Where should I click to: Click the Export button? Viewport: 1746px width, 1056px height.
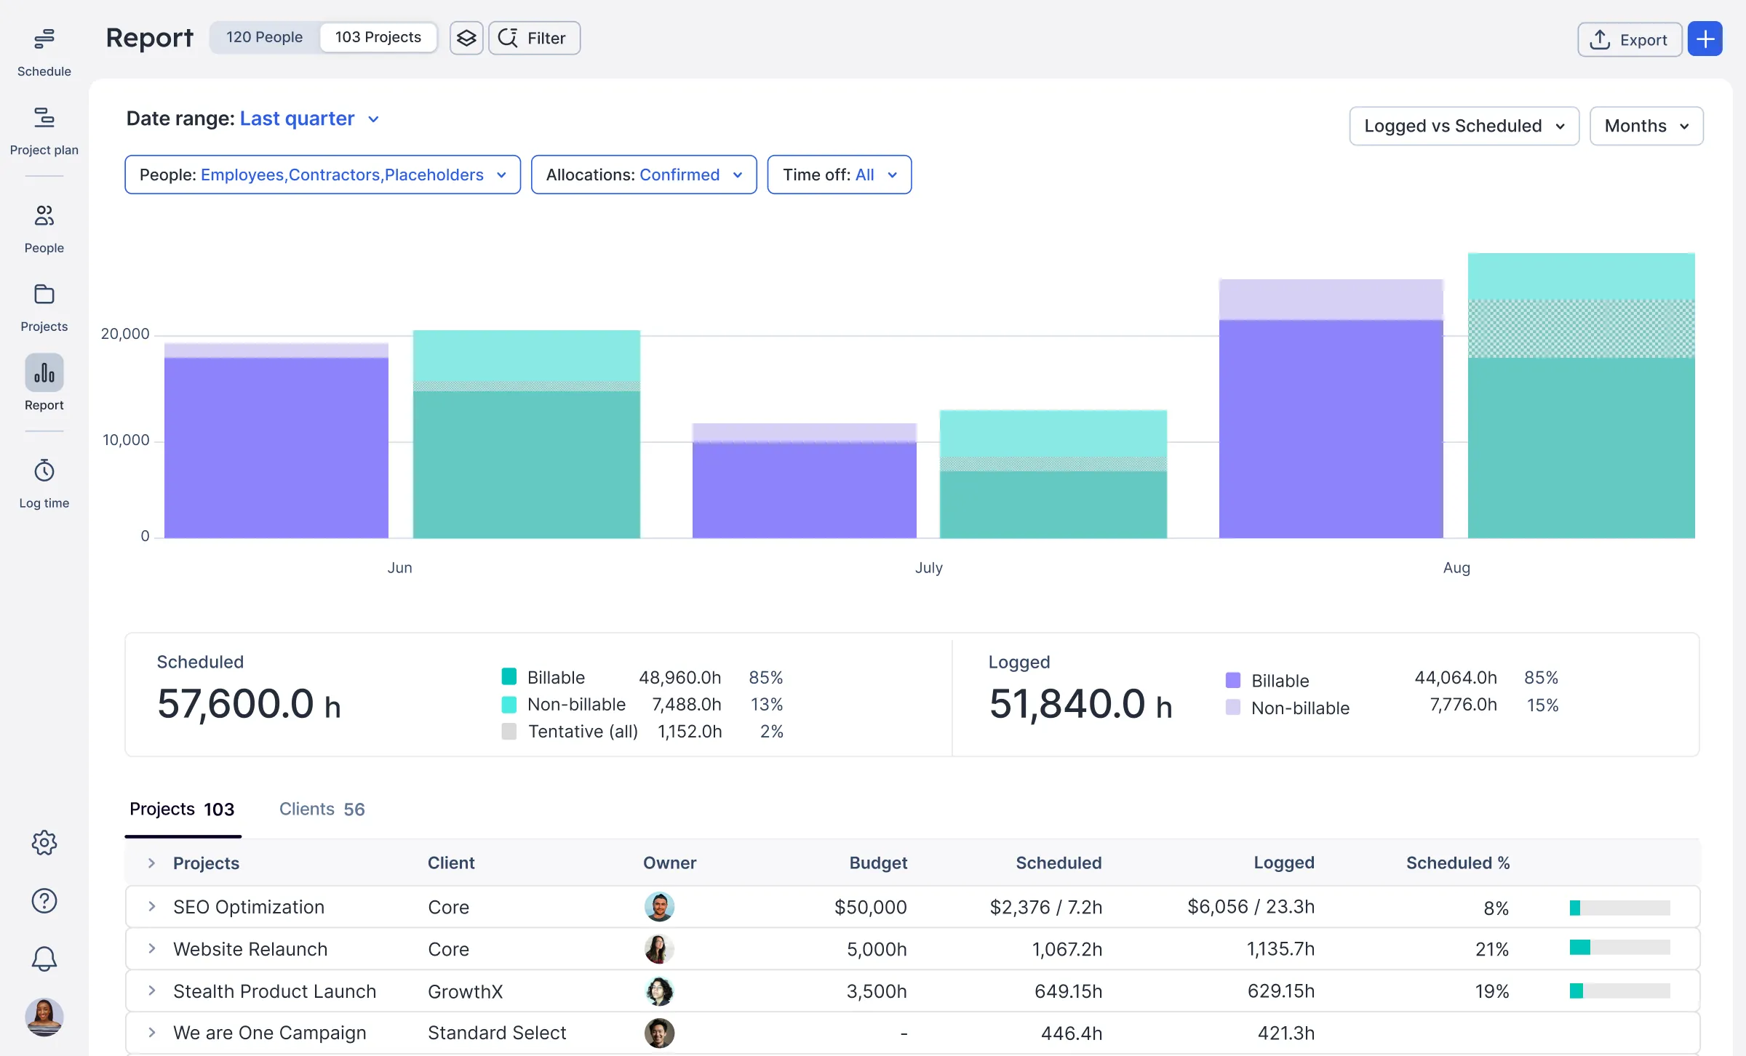click(1629, 39)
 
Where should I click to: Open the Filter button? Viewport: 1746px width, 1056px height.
click(534, 38)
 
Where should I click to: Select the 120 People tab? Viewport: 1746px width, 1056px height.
click(264, 37)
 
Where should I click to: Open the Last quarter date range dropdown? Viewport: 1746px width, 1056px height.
click(309, 119)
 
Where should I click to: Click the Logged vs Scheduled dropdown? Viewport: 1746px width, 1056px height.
click(1463, 126)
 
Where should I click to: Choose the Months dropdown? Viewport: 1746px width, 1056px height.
click(1646, 126)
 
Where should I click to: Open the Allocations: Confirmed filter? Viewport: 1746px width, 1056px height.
click(643, 175)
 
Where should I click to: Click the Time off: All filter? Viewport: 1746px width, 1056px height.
click(839, 175)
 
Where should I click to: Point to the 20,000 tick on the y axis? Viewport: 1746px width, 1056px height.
click(125, 334)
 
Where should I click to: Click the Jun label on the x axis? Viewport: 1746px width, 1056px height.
click(399, 567)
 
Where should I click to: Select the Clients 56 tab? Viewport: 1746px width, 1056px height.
click(322, 809)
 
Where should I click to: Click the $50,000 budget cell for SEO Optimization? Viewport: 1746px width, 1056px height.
click(870, 907)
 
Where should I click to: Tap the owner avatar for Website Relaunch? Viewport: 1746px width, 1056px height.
click(659, 949)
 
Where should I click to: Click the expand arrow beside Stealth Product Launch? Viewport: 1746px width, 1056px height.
click(151, 991)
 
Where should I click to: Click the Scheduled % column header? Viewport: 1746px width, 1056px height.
click(1457, 863)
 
